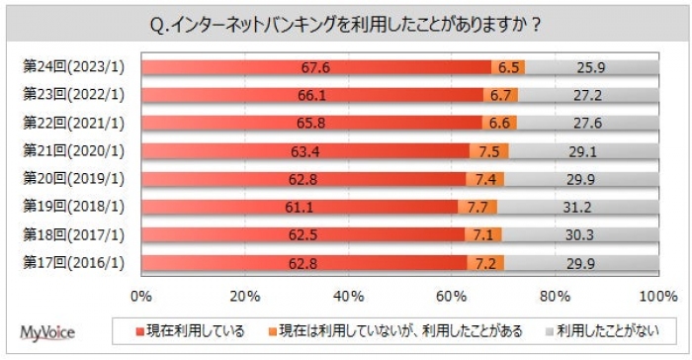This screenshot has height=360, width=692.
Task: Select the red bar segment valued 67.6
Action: click(x=316, y=67)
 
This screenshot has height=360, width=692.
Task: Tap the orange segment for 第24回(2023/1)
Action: click(x=508, y=67)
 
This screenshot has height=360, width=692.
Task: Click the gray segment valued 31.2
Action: click(x=578, y=208)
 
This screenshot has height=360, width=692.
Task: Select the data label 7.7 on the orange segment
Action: click(x=477, y=208)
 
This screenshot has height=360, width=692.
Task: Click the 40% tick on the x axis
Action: click(x=348, y=296)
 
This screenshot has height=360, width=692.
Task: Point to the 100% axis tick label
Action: click(x=655, y=296)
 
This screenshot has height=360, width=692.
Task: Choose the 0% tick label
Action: click(x=141, y=296)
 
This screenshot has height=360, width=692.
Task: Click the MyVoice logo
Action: click(x=47, y=331)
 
